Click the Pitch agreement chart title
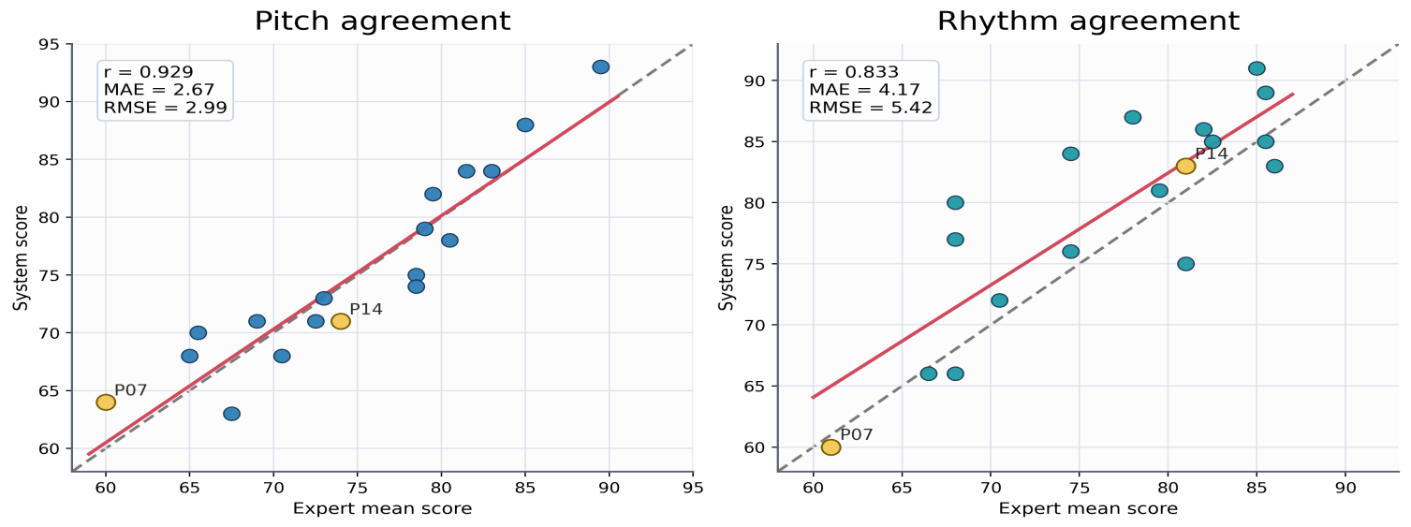click(x=382, y=21)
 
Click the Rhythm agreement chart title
click(x=1088, y=21)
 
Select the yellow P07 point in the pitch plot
click(x=106, y=403)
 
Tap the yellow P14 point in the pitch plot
click(x=341, y=322)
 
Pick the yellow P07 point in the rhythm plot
click(x=830, y=447)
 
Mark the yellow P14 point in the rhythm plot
click(x=1185, y=167)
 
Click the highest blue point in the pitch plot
click(x=601, y=67)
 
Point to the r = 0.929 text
click(x=148, y=72)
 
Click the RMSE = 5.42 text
click(x=871, y=108)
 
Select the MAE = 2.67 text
click(x=159, y=90)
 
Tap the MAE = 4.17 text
click(x=864, y=90)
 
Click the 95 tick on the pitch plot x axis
click(x=693, y=488)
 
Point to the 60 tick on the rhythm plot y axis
click(x=758, y=447)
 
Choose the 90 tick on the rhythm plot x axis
click(x=1345, y=488)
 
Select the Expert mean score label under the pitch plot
click(x=382, y=508)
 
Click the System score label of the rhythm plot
click(x=727, y=257)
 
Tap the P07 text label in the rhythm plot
click(x=857, y=435)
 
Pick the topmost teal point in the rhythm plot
click(x=1257, y=68)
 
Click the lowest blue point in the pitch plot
click(x=232, y=414)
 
